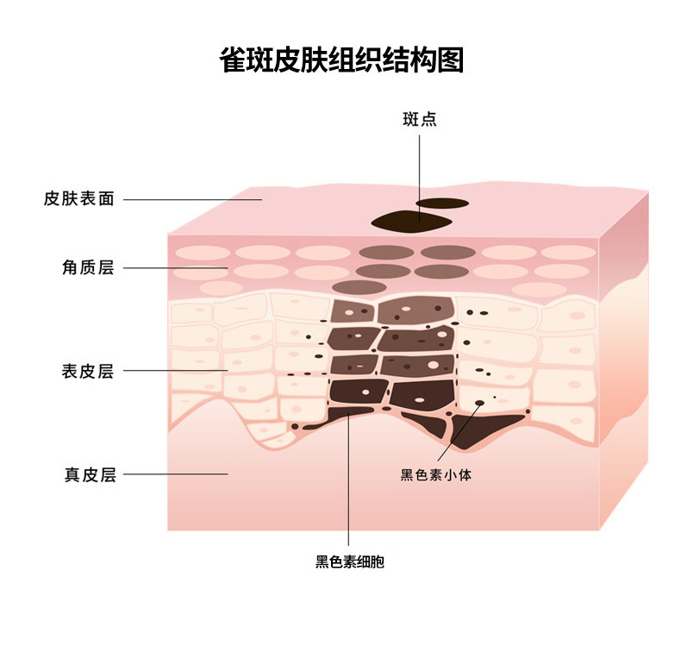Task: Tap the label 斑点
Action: [420, 120]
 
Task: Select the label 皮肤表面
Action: [78, 199]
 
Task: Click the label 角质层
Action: [88, 267]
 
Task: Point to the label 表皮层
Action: [88, 371]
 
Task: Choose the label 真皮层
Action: [89, 474]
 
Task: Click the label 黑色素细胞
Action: [349, 562]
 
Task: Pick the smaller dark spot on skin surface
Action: [440, 204]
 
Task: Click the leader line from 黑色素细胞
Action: [348, 483]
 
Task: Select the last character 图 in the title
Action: [450, 60]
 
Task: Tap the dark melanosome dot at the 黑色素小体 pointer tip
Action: [479, 403]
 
